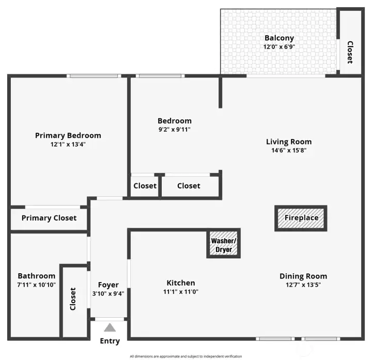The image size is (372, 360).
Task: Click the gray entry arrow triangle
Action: point(110,327)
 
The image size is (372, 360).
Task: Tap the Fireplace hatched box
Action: point(301,218)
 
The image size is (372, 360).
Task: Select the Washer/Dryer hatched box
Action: point(224,244)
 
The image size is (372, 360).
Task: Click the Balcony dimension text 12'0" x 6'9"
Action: point(279,46)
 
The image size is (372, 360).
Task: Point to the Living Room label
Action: point(289,142)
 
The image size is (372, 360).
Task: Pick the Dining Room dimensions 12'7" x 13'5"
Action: point(303,285)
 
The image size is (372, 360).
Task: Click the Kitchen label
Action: point(181,283)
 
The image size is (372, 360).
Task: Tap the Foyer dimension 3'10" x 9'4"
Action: point(108,293)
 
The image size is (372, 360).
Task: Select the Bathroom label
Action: point(37,276)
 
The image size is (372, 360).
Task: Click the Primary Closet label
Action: point(49,218)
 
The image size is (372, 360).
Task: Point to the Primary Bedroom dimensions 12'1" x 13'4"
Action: point(68,144)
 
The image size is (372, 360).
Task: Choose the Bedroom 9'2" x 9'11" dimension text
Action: point(175,130)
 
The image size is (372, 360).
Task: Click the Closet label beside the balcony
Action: point(350,52)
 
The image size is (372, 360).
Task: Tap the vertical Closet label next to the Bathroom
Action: point(73,299)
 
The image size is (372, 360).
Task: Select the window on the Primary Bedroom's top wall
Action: point(94,76)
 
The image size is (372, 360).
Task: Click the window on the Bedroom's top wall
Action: point(160,76)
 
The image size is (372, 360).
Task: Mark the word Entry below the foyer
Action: point(110,341)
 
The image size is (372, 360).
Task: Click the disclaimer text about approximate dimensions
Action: point(186,356)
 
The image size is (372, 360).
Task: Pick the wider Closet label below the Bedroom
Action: point(189,186)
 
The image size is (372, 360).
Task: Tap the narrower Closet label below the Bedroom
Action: point(145,186)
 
